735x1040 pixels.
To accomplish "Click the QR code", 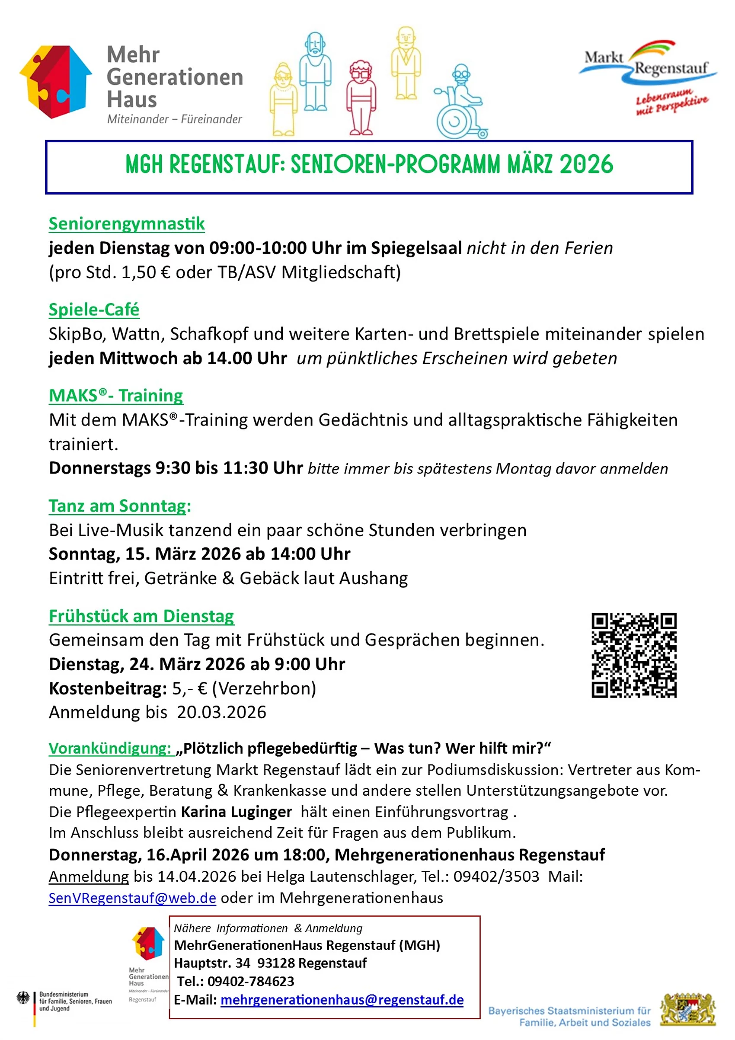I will click(633, 655).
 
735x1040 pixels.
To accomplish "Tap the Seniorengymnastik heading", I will click(126, 224).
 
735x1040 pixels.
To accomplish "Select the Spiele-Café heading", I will click(94, 310).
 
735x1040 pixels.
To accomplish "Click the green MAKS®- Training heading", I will click(115, 396).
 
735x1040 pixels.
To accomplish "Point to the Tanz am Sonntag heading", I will click(120, 506).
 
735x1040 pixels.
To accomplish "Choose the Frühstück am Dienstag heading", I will click(141, 617).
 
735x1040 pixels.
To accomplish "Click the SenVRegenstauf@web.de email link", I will click(132, 898).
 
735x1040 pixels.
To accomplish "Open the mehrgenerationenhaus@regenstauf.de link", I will click(342, 1000).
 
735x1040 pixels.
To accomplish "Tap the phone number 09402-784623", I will click(250, 981).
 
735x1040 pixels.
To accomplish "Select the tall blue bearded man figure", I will click(315, 71).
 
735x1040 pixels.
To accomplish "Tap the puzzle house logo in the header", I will click(56, 82).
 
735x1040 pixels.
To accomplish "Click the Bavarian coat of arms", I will click(687, 1010).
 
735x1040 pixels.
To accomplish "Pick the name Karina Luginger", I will click(236, 812).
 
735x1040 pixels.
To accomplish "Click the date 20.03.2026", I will click(221, 713).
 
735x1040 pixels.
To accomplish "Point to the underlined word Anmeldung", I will click(89, 877).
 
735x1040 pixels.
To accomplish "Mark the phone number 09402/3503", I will click(496, 877).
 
